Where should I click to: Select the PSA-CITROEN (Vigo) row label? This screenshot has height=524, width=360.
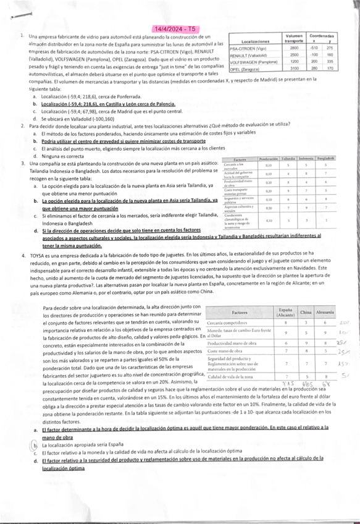(247, 48)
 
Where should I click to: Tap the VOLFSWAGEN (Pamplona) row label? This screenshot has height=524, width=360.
(254, 62)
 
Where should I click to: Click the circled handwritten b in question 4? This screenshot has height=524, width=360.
(36, 444)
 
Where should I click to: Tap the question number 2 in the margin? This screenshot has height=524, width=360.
(22, 125)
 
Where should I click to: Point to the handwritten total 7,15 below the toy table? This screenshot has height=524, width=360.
(286, 384)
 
